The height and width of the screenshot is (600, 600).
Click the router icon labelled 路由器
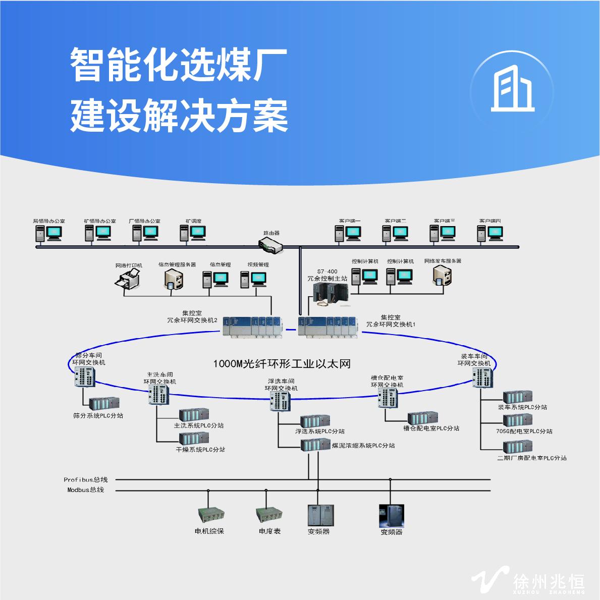click(x=270, y=245)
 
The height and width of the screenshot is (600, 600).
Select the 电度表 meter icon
click(x=268, y=515)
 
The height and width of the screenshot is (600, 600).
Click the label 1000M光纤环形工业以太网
click(x=282, y=363)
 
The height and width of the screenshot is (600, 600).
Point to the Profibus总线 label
click(x=85, y=480)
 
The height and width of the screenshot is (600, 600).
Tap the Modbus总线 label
click(x=85, y=490)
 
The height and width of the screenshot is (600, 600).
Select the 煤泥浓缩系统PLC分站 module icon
click(x=315, y=445)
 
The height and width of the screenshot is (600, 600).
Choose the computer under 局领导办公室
click(x=48, y=233)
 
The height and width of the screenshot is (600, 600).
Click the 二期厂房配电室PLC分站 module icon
click(x=517, y=447)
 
